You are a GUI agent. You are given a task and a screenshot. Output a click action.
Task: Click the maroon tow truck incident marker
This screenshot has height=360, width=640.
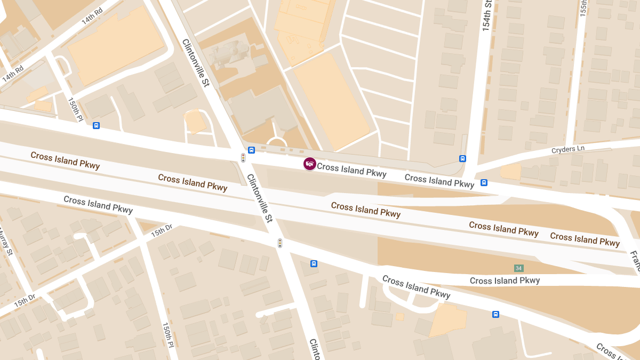[x=310, y=164]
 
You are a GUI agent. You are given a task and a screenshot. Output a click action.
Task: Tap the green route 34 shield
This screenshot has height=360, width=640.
[x=518, y=268]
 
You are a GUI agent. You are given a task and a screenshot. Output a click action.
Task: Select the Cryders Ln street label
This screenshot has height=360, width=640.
[x=571, y=150]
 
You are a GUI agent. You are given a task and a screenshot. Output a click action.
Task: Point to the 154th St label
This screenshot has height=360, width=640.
[x=486, y=16]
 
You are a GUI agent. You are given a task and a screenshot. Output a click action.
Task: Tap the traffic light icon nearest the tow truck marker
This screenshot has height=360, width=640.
[x=243, y=158]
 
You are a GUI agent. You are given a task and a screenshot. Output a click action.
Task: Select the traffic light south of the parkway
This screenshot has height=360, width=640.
[x=279, y=243]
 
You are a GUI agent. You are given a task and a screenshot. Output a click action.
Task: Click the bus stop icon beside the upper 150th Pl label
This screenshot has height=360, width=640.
[x=96, y=126]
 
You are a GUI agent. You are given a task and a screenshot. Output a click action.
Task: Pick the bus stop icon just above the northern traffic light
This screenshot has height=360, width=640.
[x=252, y=150]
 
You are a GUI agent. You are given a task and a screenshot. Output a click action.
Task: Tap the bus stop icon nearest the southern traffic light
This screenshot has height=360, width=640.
[x=314, y=263]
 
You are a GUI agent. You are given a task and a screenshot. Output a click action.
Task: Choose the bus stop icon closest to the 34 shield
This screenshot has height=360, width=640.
[x=495, y=314]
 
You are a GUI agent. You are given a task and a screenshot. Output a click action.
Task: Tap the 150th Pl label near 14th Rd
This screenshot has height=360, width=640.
[x=76, y=108]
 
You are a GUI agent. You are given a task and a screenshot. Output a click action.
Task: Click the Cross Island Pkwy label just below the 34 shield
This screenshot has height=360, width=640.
[x=505, y=281]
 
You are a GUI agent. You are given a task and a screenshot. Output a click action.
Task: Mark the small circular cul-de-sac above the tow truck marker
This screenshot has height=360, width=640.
[x=276, y=142]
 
